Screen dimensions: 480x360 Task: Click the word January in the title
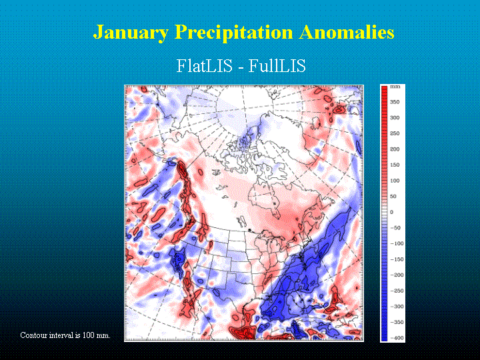tap(131, 33)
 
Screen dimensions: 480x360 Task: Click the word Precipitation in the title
tap(234, 33)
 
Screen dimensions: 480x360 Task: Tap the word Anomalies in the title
tap(347, 32)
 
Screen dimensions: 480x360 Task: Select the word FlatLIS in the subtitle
tap(204, 65)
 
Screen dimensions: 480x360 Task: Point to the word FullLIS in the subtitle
tap(277, 65)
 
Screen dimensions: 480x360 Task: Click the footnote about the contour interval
tap(65, 335)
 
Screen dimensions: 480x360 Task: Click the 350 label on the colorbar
tap(395, 102)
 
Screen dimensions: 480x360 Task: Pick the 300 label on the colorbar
tap(395, 118)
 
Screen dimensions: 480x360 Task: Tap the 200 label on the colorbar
tap(395, 149)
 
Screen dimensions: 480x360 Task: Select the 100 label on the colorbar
tap(395, 181)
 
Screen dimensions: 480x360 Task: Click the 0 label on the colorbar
tap(391, 212)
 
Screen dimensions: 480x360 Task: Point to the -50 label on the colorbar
tap(395, 228)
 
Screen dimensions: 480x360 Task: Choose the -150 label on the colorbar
tap(397, 259)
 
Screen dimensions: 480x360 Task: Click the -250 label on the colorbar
tap(397, 291)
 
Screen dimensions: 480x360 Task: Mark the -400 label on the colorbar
tap(397, 338)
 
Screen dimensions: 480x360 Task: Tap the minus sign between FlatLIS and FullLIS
tap(240, 67)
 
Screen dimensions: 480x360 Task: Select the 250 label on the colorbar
tap(395, 133)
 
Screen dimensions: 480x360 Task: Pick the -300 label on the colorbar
tap(397, 307)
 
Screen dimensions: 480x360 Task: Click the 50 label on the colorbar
tap(393, 197)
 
